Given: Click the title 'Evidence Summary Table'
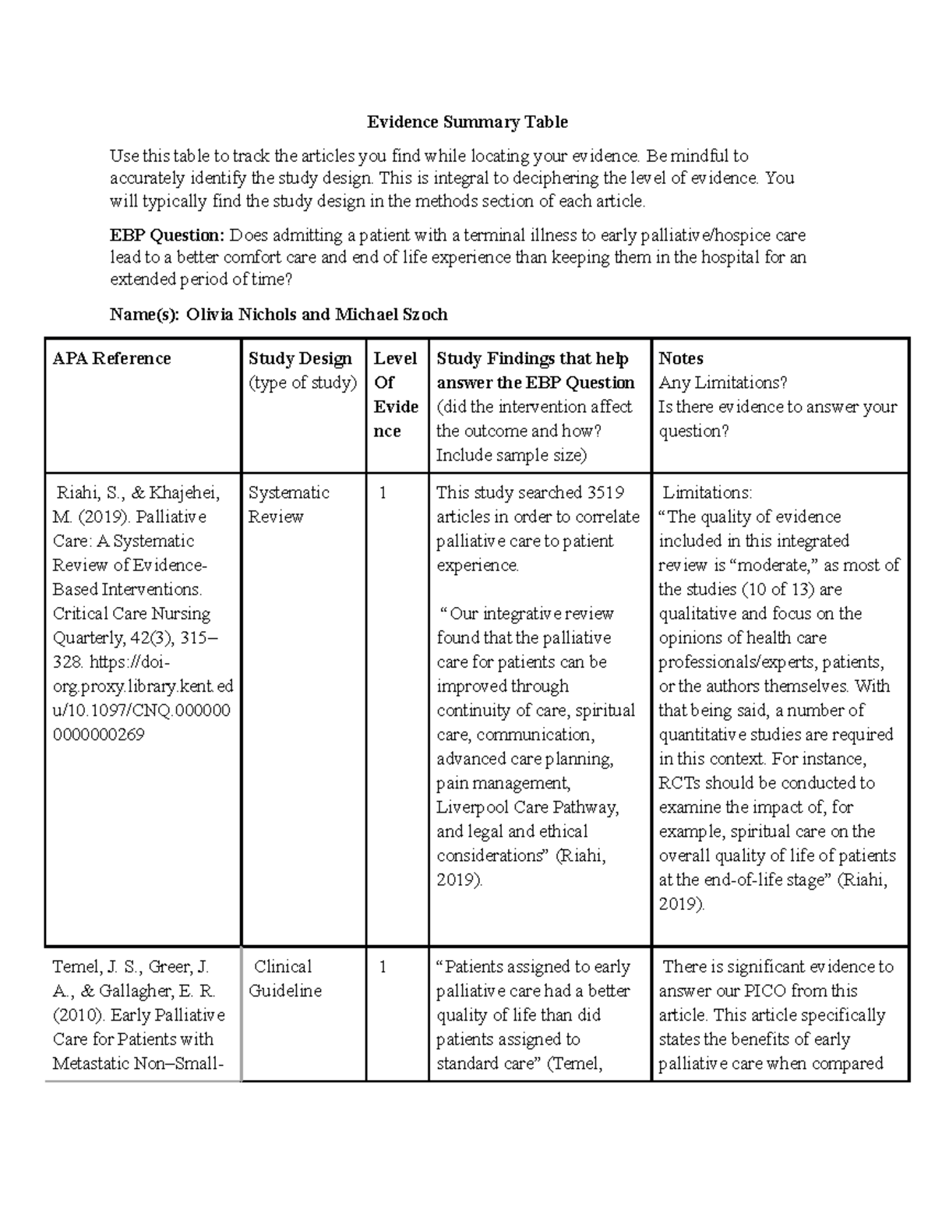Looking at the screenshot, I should click(467, 122).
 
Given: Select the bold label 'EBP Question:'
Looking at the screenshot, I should click(167, 235).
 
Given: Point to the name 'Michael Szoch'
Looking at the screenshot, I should click(391, 315).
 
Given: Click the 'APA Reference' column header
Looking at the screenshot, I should click(111, 358).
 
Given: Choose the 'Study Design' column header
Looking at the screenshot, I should click(300, 358).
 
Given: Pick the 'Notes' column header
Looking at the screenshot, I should click(681, 358).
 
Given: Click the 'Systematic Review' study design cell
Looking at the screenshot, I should click(288, 505).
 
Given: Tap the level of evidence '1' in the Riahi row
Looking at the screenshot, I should click(383, 493).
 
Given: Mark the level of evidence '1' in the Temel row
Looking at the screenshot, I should click(383, 967).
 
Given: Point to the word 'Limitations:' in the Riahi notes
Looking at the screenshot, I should click(707, 493).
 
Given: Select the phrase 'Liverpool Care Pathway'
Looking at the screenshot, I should click(527, 807).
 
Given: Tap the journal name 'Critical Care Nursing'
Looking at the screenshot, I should click(132, 614).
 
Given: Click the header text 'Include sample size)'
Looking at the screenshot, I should click(511, 455).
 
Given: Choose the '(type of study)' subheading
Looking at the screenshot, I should click(302, 383).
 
